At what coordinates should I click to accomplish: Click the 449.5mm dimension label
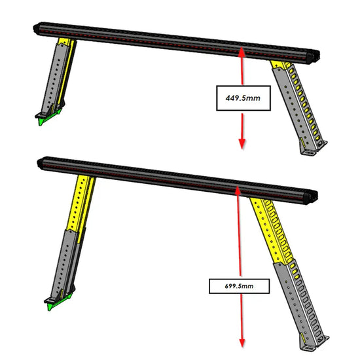(x=243, y=98)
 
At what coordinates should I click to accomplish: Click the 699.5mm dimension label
(x=239, y=286)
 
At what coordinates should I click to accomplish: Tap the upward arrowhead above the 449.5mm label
(x=242, y=52)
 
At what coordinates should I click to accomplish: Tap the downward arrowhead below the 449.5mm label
(x=242, y=144)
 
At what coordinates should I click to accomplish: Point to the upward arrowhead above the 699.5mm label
(x=238, y=190)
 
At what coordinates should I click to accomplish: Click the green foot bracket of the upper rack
(x=48, y=118)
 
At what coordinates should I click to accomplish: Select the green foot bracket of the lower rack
(x=58, y=302)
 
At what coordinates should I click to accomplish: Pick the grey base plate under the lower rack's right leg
(x=315, y=344)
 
